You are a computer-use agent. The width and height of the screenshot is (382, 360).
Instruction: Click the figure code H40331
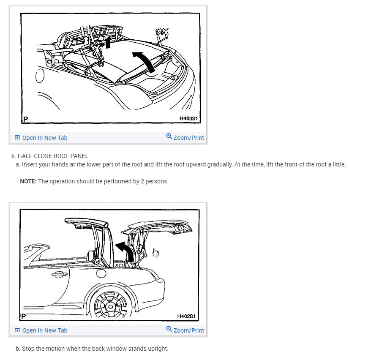click(188, 119)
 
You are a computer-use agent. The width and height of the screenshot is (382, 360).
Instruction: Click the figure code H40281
click(186, 316)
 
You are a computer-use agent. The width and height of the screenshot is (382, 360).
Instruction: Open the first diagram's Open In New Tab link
click(41, 138)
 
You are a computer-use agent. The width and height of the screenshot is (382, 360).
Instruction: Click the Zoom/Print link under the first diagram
click(185, 137)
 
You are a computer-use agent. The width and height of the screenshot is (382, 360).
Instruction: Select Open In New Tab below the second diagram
click(41, 330)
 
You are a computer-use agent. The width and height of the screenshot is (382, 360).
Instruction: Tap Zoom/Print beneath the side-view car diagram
click(185, 330)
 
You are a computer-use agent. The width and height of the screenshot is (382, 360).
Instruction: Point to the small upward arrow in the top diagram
click(108, 42)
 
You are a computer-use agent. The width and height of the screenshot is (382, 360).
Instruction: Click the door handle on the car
click(60, 275)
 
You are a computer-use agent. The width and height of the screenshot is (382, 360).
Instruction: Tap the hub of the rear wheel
click(111, 306)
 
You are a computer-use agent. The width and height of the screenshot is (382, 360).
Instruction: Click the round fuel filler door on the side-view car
click(101, 273)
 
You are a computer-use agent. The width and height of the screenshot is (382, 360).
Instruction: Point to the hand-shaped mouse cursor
click(155, 253)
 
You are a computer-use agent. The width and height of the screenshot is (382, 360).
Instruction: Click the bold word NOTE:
click(28, 181)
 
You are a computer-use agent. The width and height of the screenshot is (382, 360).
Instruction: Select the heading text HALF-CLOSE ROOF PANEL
click(53, 156)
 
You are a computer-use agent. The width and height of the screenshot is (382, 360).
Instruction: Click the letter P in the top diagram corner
click(26, 119)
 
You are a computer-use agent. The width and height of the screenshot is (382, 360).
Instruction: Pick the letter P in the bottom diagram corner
click(24, 316)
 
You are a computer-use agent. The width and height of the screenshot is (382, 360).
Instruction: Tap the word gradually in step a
click(220, 164)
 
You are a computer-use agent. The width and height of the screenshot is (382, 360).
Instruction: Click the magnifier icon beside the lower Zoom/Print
click(169, 329)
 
